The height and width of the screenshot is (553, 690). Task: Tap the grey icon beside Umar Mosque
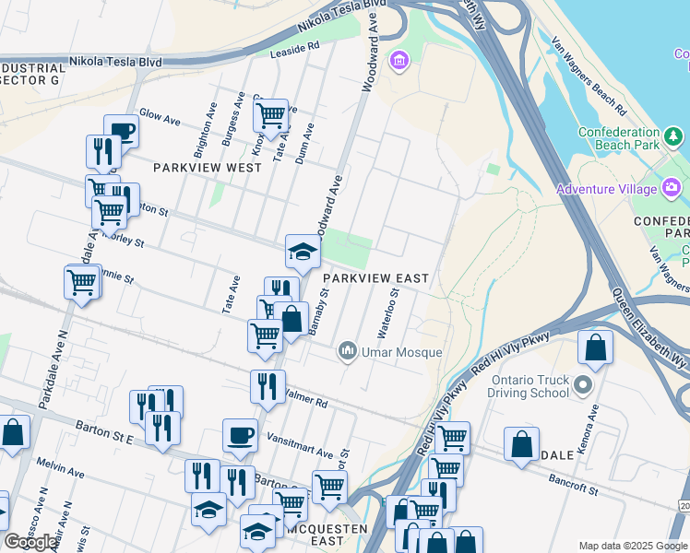(x=348, y=350)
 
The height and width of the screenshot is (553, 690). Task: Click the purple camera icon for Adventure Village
(x=671, y=190)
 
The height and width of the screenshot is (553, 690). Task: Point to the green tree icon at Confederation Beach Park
(x=675, y=137)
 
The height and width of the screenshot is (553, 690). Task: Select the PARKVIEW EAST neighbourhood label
(x=375, y=278)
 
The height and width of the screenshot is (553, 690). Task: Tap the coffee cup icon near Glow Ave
(x=121, y=130)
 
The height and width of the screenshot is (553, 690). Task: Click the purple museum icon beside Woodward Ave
(x=399, y=62)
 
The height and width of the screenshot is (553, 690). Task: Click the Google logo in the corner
(x=31, y=542)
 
